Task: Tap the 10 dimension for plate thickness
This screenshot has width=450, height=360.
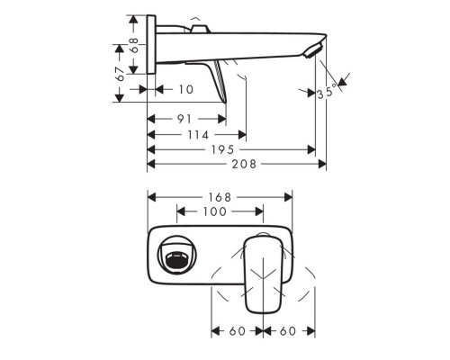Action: [185, 89]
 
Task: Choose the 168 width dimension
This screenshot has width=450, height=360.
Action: [221, 197]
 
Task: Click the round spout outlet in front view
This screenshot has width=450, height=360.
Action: [175, 256]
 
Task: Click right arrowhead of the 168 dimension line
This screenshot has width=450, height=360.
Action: [289, 197]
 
